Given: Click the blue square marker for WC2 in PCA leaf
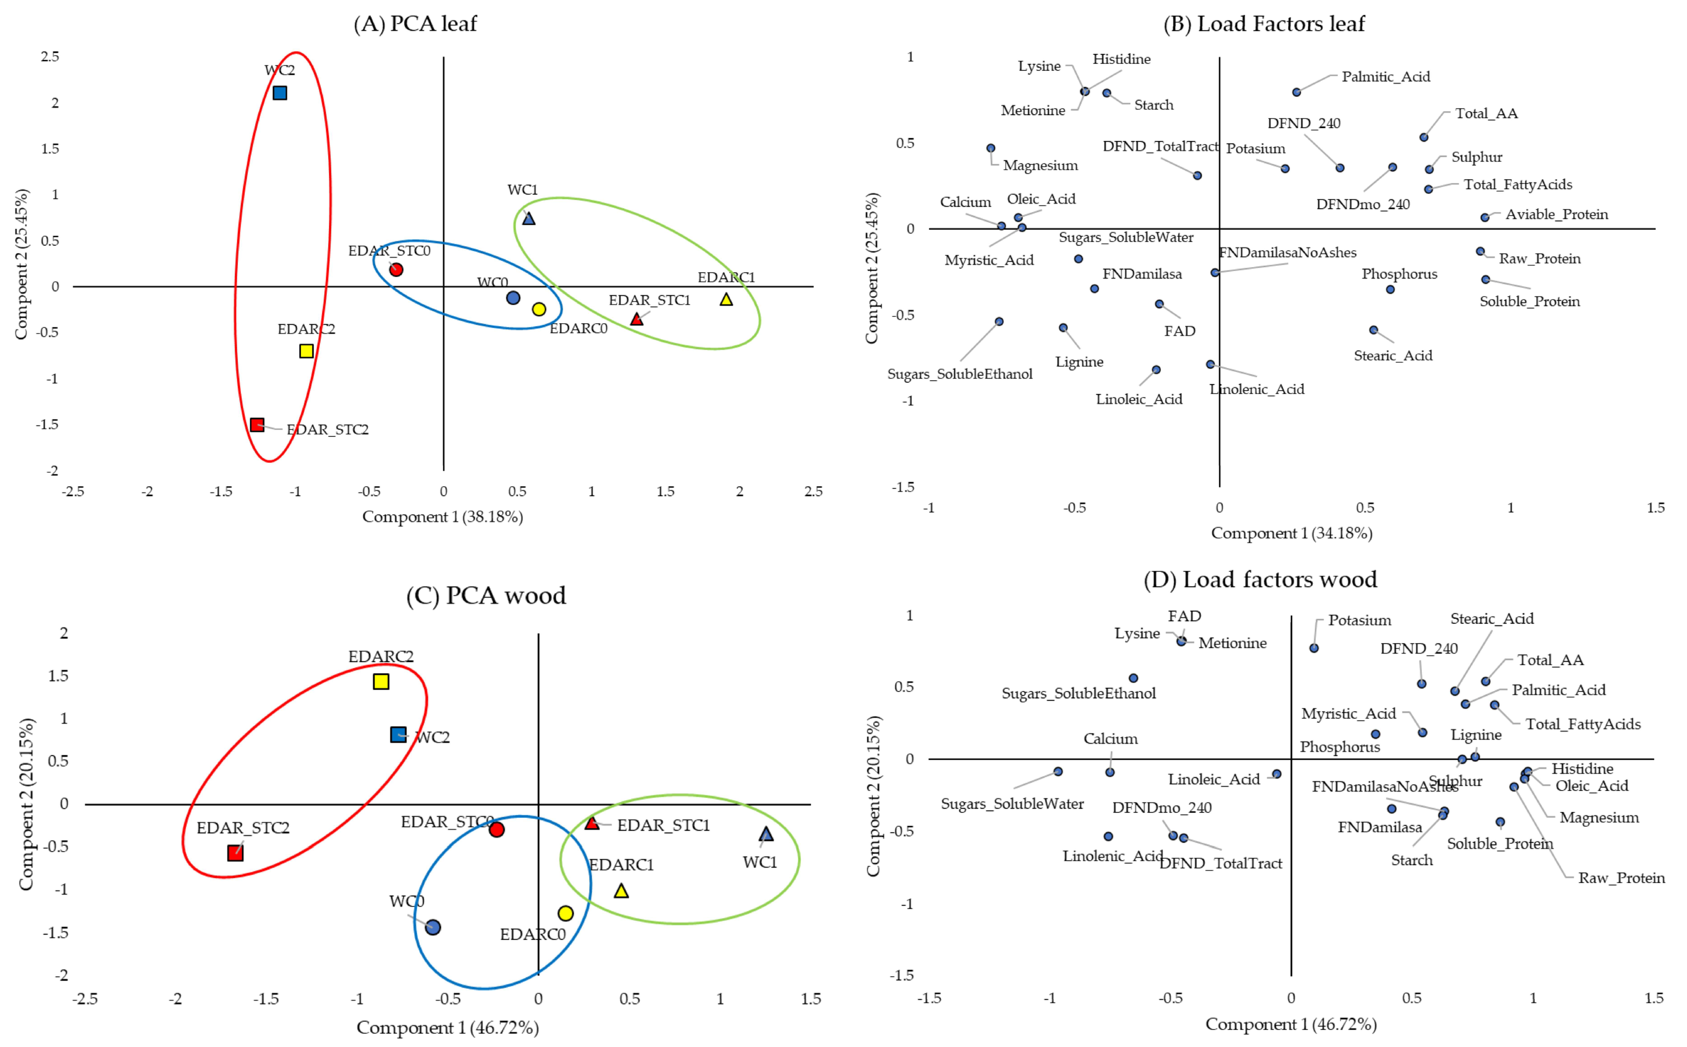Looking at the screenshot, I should point(280,93).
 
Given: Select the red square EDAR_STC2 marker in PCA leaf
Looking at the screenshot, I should point(257,425).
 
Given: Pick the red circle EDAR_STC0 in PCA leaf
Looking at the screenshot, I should point(396,269).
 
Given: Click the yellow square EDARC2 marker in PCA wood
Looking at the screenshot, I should point(381,681).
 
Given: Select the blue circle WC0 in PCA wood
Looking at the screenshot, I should point(433,927).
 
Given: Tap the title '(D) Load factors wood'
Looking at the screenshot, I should point(1260,579).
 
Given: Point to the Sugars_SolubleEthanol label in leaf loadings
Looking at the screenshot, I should point(960,374).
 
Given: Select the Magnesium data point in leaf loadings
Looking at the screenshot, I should point(991,148).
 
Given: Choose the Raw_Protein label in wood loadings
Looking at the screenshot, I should point(1621,878).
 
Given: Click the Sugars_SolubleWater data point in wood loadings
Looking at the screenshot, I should point(1058,771).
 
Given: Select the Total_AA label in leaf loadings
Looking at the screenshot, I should point(1486,113).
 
